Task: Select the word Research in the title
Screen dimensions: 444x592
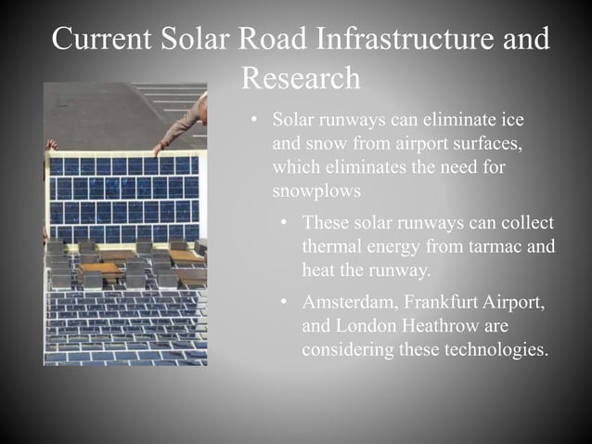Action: (301, 78)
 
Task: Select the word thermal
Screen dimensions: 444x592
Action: (330, 247)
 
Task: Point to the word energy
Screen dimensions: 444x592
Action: (394, 247)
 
